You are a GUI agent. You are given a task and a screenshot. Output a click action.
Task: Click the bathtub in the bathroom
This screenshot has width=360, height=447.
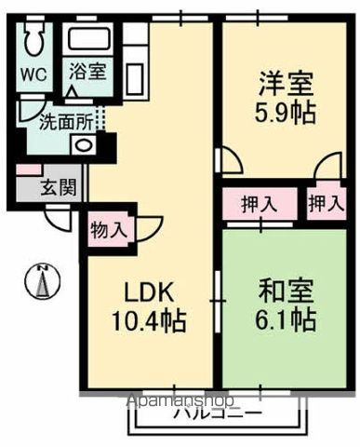90,41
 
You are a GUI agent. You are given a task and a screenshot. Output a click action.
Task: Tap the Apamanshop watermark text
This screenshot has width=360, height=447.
181,401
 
